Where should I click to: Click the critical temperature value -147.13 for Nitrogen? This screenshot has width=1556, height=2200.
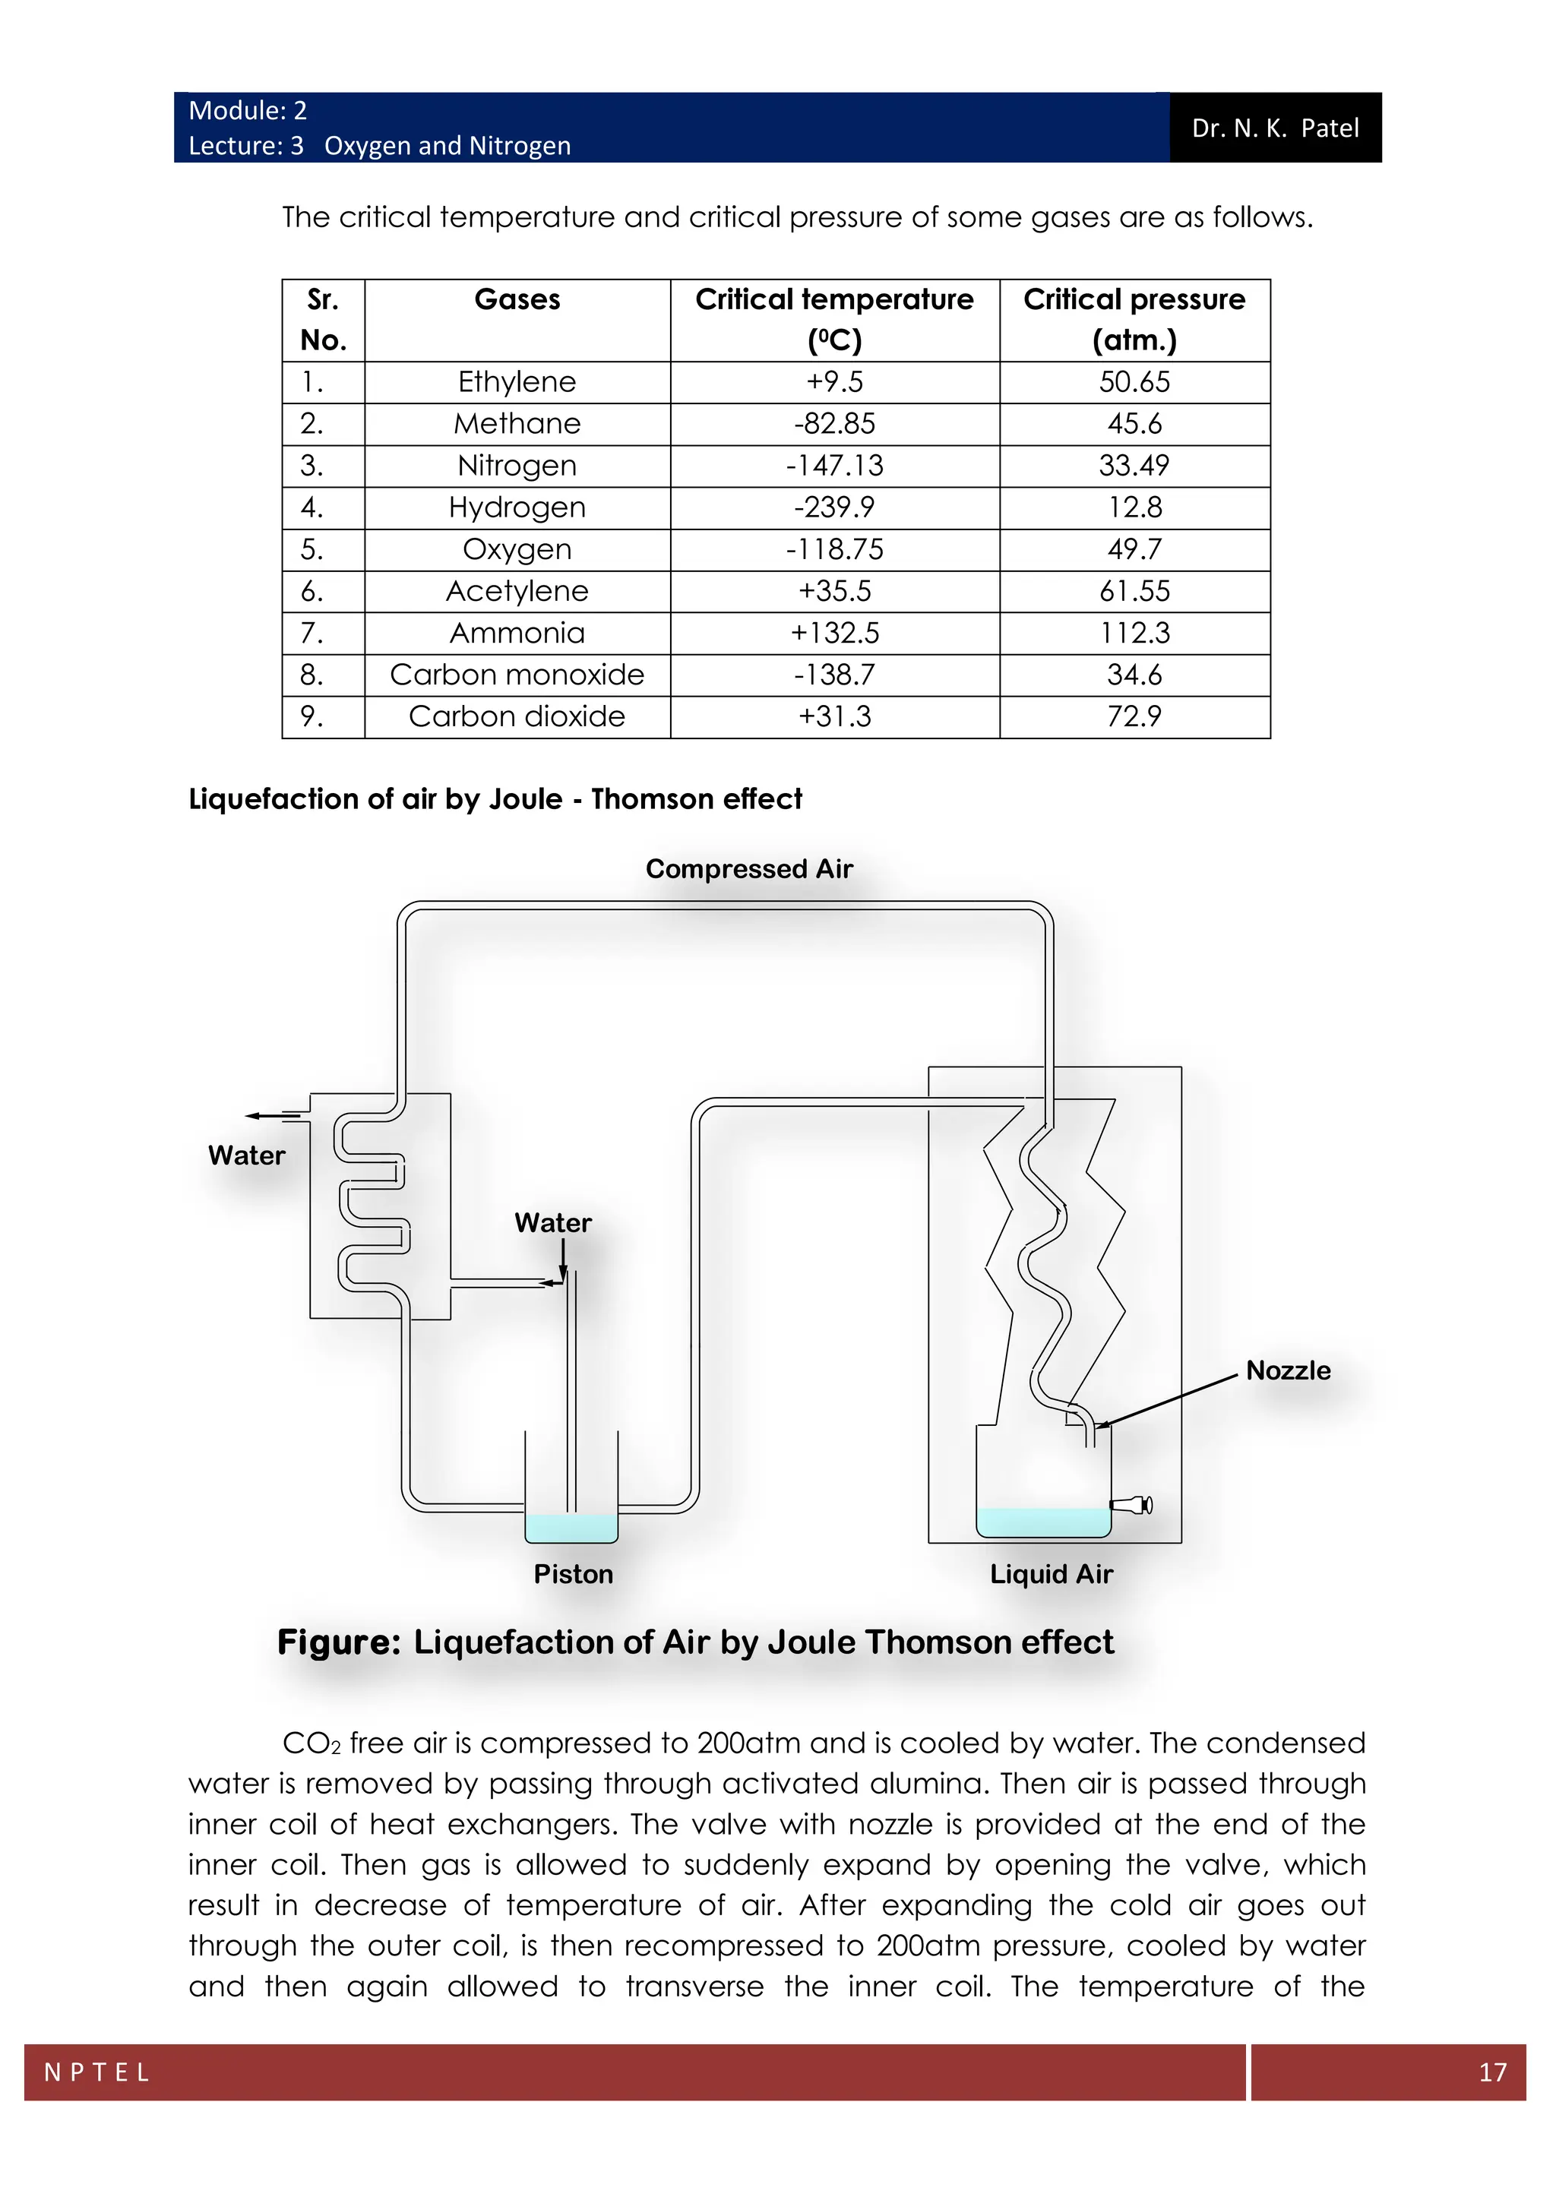(x=833, y=466)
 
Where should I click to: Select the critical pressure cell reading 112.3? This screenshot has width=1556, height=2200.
(x=1134, y=634)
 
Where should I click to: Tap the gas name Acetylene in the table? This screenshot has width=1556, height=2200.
(x=517, y=591)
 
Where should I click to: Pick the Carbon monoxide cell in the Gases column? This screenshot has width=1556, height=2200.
(x=517, y=675)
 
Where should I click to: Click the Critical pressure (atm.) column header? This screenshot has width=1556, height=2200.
(x=1134, y=319)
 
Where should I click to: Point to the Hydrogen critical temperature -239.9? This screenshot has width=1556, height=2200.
(x=833, y=508)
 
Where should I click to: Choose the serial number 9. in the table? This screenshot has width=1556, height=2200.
(x=312, y=716)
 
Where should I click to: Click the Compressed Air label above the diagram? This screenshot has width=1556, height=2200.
(x=748, y=869)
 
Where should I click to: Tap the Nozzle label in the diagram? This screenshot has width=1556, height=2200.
(x=1288, y=1370)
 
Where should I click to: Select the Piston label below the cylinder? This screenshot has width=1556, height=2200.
(x=573, y=1574)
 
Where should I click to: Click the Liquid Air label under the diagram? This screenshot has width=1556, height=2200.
(x=1051, y=1574)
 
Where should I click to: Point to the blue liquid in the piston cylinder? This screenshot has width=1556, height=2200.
(x=571, y=1528)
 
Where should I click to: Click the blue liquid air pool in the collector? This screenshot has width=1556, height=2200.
(x=1042, y=1522)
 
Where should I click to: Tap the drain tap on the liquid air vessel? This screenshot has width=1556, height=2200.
(x=1133, y=1506)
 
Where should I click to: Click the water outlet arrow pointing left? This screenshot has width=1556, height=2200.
(x=272, y=1115)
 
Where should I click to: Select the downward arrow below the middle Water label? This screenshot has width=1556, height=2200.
(x=564, y=1258)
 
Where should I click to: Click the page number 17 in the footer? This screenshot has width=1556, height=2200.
(x=1493, y=2072)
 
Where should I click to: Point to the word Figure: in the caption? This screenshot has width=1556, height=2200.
(x=338, y=1642)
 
